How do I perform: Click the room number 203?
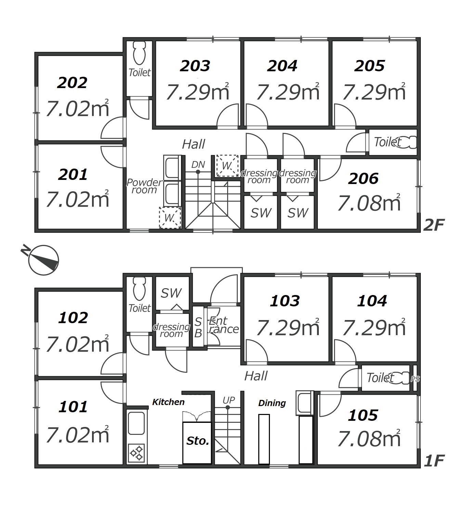click(x=195, y=66)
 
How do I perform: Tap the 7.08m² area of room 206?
click(x=369, y=203)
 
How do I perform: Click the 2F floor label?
click(x=434, y=225)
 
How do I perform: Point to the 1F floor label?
click(x=434, y=461)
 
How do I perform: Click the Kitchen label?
click(x=168, y=402)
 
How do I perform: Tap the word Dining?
click(x=272, y=403)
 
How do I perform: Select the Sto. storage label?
click(x=198, y=441)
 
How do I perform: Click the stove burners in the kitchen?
click(x=136, y=453)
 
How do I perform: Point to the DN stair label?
click(x=198, y=165)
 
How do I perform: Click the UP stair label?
click(x=229, y=400)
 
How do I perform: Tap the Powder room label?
click(x=144, y=186)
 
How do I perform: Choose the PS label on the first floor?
click(x=415, y=379)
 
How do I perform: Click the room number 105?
click(x=363, y=415)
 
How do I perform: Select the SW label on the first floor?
click(x=171, y=293)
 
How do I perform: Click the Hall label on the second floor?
click(x=194, y=144)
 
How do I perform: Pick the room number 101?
click(x=73, y=407)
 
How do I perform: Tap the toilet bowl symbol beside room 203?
click(x=139, y=53)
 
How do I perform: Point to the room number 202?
click(x=73, y=83)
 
